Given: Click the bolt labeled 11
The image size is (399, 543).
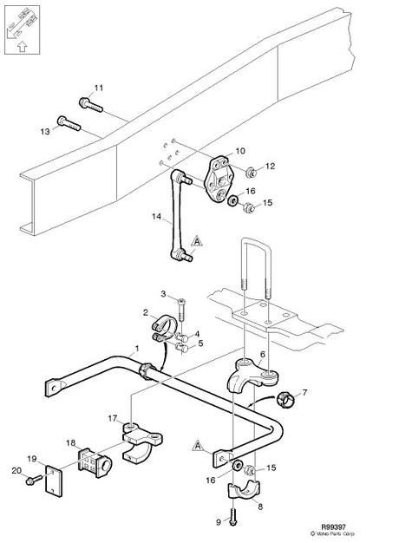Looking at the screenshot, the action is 91,105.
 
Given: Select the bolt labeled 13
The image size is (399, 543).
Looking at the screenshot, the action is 69,123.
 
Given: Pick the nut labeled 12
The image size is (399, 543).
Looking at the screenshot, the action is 251,172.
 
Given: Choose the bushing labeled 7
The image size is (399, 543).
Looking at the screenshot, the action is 286,400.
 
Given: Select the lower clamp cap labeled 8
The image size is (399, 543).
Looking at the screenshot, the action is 244,490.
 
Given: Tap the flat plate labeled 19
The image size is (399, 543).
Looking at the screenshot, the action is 54,480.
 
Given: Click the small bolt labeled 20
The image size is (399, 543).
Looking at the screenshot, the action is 34,480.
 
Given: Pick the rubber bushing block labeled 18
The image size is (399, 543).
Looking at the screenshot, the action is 95,463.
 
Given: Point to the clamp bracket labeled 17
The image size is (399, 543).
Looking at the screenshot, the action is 141,442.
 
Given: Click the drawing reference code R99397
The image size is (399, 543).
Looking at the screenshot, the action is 333,527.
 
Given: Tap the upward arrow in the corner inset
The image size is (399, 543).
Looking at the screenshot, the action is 22,46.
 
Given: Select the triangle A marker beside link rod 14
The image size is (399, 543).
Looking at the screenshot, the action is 197,240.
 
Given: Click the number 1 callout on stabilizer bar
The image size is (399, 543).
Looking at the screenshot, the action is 137,348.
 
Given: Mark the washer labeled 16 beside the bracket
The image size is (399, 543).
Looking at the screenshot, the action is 232,200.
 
